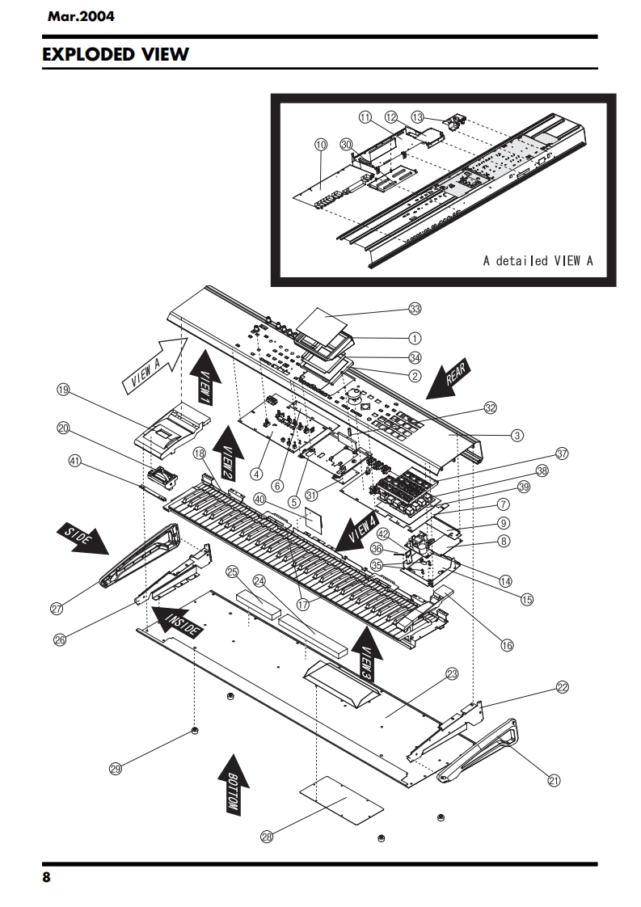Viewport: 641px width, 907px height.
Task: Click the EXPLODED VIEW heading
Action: (116, 55)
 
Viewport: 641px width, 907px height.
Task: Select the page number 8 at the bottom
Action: (47, 879)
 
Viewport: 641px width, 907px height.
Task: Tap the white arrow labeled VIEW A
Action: (153, 365)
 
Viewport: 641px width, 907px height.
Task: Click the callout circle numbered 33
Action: (415, 309)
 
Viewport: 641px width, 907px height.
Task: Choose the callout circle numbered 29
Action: (115, 770)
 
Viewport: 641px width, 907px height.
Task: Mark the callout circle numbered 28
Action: (267, 837)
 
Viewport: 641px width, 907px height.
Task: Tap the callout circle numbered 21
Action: (554, 780)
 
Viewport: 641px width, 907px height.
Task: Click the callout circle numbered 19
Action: (63, 390)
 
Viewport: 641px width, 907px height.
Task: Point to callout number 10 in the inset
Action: (320, 144)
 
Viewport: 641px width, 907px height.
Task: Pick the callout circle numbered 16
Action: (507, 645)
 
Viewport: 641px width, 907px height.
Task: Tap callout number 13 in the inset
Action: (417, 116)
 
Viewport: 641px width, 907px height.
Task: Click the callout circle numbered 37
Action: (562, 453)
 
